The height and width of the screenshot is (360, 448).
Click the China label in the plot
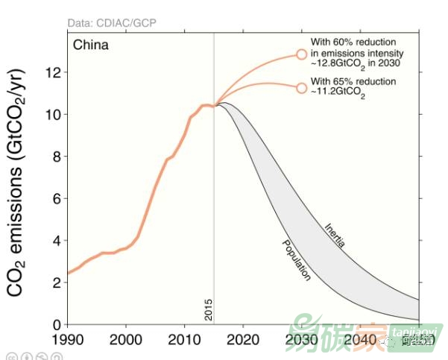coord(90,45)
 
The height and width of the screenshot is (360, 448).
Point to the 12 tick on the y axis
coord(57,72)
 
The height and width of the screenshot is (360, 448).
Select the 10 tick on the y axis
coord(57,114)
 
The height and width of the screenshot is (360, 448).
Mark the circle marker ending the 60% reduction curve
coord(302,54)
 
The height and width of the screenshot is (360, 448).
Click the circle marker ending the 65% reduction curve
coord(302,88)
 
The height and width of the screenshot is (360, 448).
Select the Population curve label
coord(295,261)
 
